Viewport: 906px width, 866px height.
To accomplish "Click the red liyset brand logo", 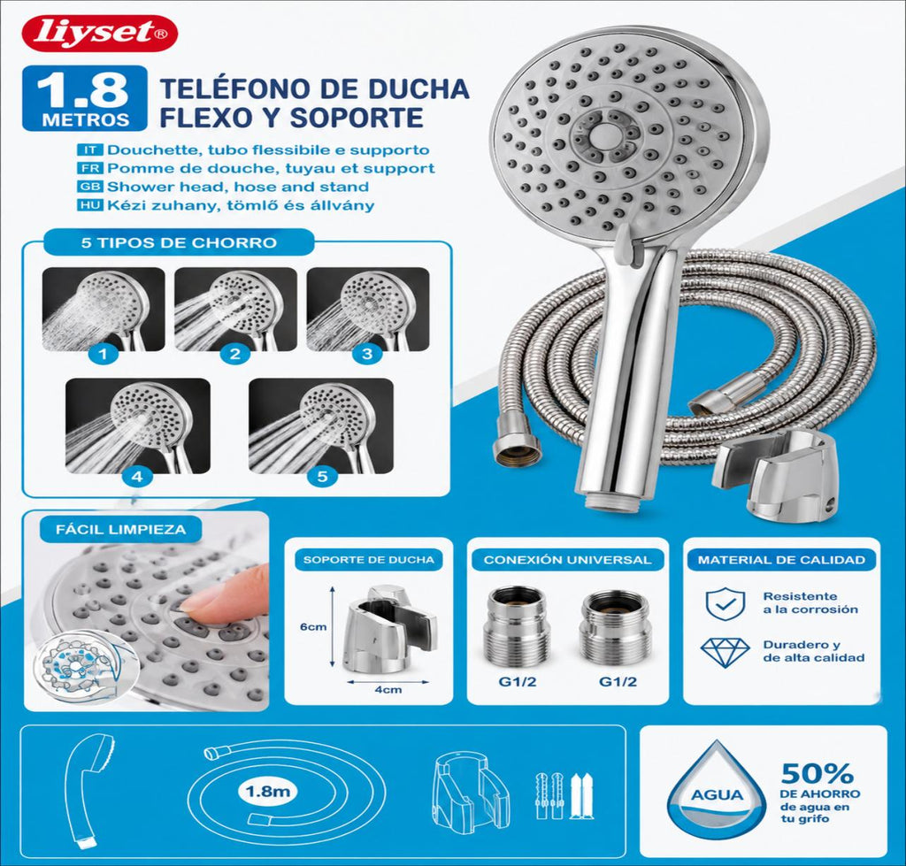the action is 99,33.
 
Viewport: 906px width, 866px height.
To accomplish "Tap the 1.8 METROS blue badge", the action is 85,98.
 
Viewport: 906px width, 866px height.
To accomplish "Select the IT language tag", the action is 90,150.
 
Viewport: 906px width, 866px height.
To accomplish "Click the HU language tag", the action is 90,205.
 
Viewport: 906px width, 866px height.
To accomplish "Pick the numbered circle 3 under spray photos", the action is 367,354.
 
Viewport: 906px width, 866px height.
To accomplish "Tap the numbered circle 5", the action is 322,476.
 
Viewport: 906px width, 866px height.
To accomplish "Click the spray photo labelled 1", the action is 104,309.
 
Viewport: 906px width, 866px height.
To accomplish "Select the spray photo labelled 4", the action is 137,425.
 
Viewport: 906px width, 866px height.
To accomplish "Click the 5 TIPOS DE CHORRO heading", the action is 179,242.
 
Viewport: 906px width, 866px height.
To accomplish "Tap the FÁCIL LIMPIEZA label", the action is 120,529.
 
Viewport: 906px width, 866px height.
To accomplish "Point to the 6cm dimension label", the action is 313,626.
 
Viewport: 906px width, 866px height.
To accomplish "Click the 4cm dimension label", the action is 388,689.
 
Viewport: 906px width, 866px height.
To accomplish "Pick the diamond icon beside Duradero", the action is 725,652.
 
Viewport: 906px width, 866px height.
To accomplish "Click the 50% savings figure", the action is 817,773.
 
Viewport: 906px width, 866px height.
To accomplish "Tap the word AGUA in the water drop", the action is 717,795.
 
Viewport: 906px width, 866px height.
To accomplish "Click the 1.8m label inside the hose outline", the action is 267,790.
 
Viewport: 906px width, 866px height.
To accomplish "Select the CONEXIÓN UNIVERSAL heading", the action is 567,560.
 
